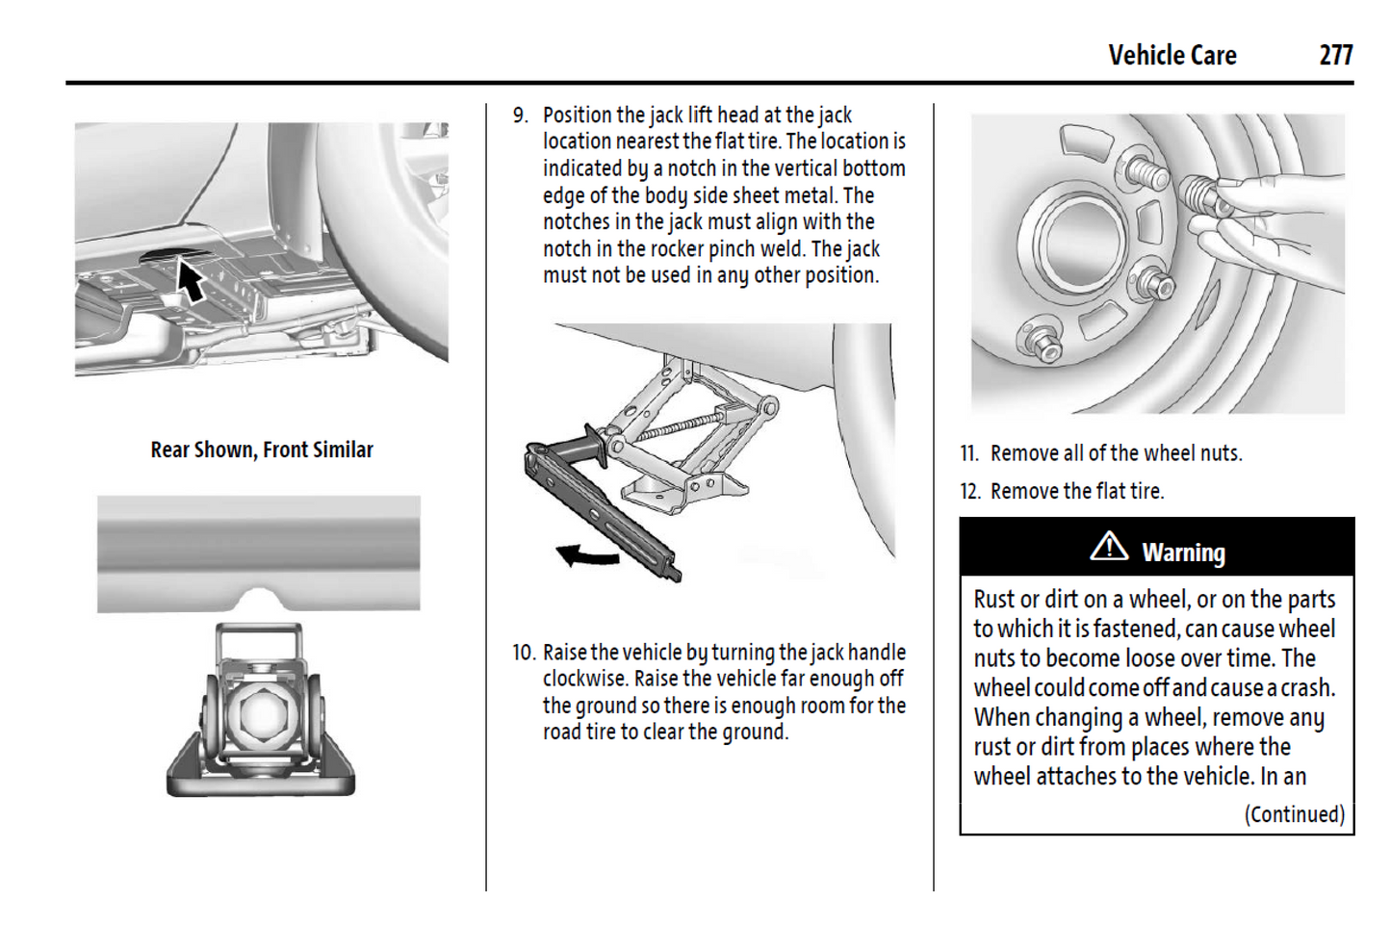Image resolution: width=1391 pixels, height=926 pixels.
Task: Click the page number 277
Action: [1335, 56]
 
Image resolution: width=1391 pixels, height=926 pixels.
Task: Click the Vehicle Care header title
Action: [1172, 56]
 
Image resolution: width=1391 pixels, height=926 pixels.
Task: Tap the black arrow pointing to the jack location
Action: [191, 280]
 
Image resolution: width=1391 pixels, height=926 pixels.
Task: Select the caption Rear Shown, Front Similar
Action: [261, 450]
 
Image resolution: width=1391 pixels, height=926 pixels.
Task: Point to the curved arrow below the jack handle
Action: [587, 555]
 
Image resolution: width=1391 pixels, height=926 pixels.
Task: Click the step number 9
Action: [520, 116]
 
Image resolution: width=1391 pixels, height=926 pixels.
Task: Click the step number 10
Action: [523, 653]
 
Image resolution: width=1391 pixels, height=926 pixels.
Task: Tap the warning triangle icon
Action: [1109, 547]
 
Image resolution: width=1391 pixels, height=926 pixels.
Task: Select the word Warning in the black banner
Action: [1183, 553]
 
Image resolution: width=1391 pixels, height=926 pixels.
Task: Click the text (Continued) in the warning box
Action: [1294, 814]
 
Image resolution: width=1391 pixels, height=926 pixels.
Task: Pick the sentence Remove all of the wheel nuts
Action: [1116, 453]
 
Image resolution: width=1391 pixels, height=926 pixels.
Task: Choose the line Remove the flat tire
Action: [1076, 491]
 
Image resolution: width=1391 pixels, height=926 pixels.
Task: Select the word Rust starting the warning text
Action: [993, 600]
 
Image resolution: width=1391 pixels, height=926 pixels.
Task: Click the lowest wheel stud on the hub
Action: [1042, 341]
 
